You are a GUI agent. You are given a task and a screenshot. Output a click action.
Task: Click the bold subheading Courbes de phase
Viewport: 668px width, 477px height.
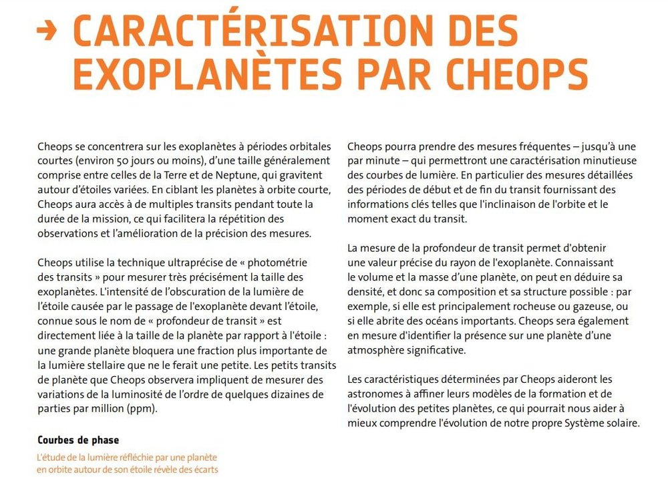point(78,440)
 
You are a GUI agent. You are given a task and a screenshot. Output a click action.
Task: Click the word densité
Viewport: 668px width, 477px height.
point(366,292)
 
